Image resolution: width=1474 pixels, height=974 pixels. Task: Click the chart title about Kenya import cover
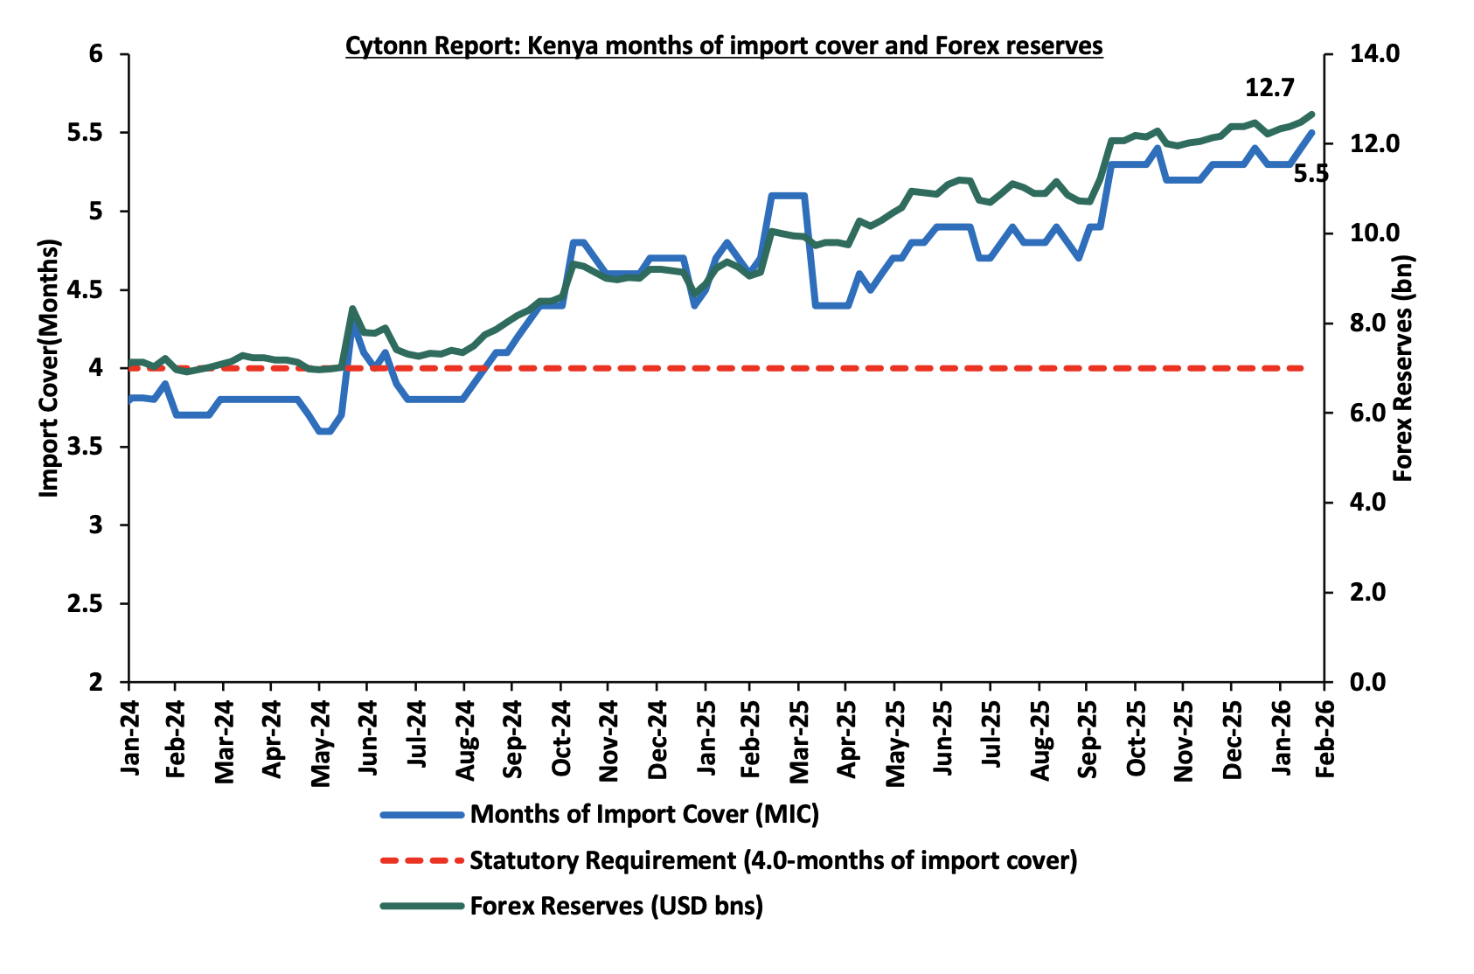pyautogui.click(x=724, y=45)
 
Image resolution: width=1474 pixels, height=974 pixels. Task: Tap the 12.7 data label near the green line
pyautogui.click(x=1269, y=88)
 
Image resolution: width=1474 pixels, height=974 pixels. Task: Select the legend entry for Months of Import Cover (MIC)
pyautogui.click(x=643, y=815)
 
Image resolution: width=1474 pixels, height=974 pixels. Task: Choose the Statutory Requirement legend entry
pyautogui.click(x=773, y=860)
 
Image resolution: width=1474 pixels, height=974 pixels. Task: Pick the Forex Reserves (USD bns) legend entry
pyautogui.click(x=615, y=906)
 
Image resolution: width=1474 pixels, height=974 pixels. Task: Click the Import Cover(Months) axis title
pyautogui.click(x=49, y=367)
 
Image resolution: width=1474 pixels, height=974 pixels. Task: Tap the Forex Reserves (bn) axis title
pyautogui.click(x=1402, y=367)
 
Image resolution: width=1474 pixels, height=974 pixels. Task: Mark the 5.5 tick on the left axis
pyautogui.click(x=86, y=133)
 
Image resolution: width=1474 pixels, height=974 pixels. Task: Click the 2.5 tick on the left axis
pyautogui.click(x=86, y=604)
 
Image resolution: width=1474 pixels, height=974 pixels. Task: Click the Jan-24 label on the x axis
pyautogui.click(x=129, y=736)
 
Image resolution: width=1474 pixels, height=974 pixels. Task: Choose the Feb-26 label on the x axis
pyautogui.click(x=1325, y=736)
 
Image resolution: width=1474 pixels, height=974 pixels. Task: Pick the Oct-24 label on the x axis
pyautogui.click(x=561, y=736)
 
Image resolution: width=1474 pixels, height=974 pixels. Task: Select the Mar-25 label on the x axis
pyautogui.click(x=799, y=736)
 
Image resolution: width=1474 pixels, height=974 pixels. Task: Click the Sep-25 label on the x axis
pyautogui.click(x=1086, y=736)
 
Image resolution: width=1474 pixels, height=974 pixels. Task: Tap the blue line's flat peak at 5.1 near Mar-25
pyautogui.click(x=788, y=195)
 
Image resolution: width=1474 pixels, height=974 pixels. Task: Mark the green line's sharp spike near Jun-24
pyautogui.click(x=352, y=309)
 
